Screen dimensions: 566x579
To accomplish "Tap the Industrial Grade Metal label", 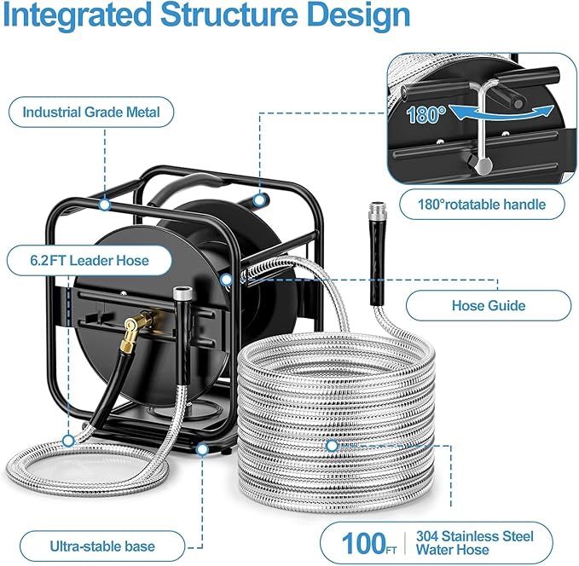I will [x=85, y=112].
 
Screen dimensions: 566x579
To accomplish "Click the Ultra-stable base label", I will [x=89, y=542].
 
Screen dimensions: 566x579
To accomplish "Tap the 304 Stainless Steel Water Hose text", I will [x=474, y=543].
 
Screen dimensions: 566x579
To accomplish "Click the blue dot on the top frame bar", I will [x=104, y=204].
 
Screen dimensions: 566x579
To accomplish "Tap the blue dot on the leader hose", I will [x=67, y=441].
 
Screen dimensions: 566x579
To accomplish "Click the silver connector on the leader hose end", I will [x=182, y=295].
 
